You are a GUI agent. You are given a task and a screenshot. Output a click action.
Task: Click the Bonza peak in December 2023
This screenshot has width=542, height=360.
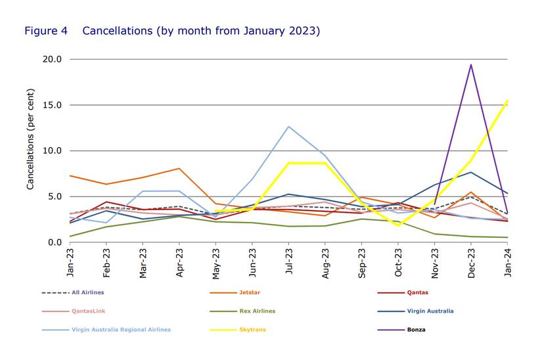click(471, 64)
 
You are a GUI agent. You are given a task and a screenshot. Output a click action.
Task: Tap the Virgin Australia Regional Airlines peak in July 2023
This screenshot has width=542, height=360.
click(288, 126)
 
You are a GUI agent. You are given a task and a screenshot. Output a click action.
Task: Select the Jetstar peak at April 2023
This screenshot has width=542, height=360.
click(179, 168)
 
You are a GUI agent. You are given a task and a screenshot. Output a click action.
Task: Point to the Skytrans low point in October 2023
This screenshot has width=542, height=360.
click(398, 225)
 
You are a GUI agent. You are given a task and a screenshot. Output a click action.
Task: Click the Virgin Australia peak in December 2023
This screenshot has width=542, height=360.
click(471, 172)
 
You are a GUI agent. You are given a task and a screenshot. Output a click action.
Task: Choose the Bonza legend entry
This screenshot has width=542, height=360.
click(415, 329)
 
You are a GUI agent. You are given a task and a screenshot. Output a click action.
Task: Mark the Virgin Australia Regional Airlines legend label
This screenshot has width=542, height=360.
click(120, 329)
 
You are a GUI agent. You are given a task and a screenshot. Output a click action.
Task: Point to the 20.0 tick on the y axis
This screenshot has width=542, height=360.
click(53, 59)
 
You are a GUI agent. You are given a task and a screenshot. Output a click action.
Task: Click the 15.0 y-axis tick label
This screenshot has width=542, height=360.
click(53, 105)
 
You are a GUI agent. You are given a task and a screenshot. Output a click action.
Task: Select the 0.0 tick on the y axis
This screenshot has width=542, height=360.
click(55, 242)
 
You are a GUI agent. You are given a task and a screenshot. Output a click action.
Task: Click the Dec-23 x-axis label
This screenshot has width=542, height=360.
click(471, 259)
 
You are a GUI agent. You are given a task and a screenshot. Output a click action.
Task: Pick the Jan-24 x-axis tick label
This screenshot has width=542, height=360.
click(507, 259)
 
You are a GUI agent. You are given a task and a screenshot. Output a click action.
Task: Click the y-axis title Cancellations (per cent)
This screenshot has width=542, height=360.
click(30, 150)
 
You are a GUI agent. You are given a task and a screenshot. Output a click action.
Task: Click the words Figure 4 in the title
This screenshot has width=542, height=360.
click(45, 31)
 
